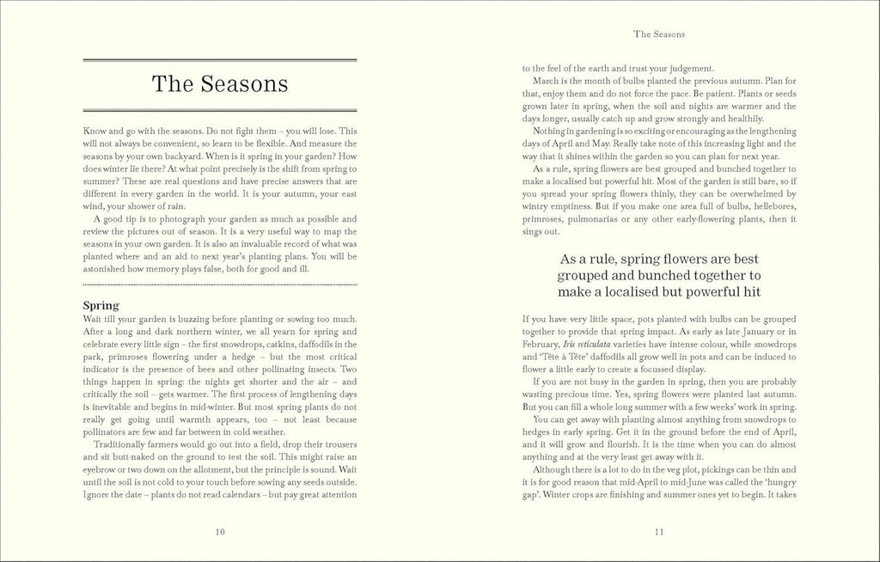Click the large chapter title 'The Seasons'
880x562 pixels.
[219, 84]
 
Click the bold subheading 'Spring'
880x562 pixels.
[101, 305]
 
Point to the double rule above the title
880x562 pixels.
[219, 60]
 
